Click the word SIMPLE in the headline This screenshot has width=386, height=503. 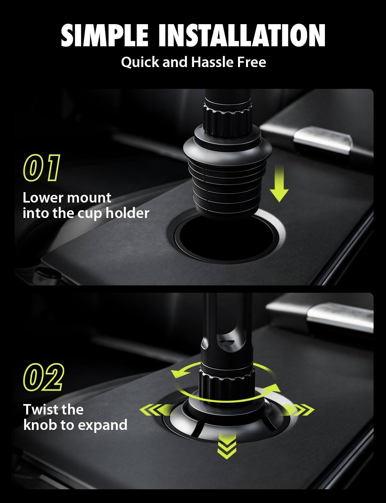[104, 36]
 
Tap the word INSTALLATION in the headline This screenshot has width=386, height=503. [242, 36]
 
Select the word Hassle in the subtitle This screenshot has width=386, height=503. [212, 62]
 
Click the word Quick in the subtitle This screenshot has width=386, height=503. [140, 62]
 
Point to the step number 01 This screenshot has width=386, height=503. [42, 168]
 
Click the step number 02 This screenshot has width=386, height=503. [43, 377]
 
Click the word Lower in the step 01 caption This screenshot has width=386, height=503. [43, 198]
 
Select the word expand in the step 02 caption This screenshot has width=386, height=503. [102, 425]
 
